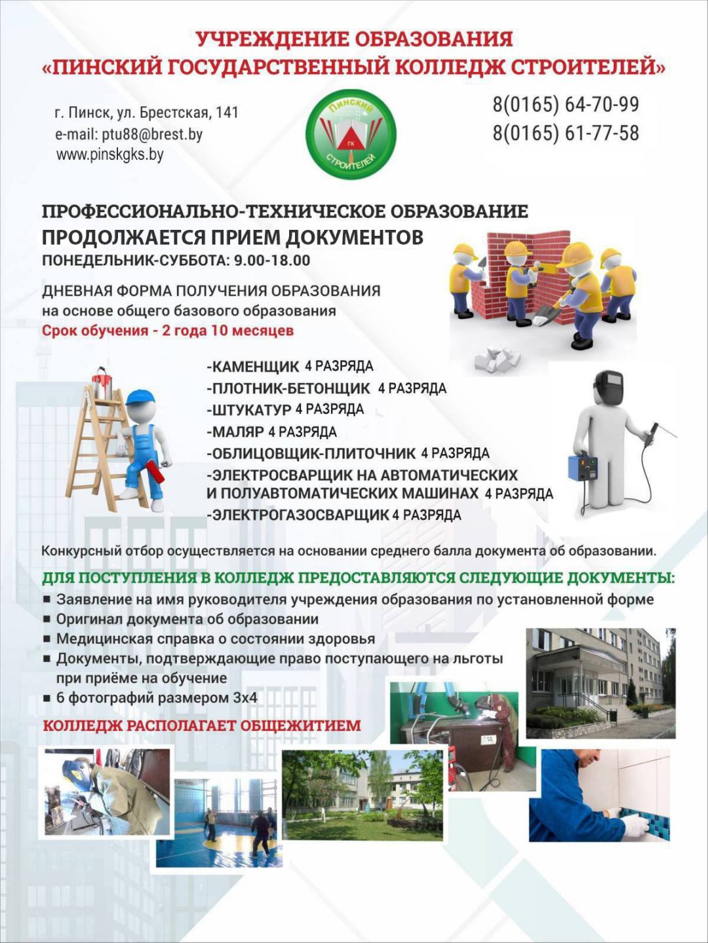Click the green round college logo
click(x=351, y=134)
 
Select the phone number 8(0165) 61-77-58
click(x=565, y=133)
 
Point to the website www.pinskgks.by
click(x=109, y=155)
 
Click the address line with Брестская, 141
click(x=146, y=113)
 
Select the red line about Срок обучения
click(x=168, y=331)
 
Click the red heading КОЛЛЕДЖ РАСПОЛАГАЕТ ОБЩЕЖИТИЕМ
click(x=201, y=726)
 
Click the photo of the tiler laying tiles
click(x=599, y=796)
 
